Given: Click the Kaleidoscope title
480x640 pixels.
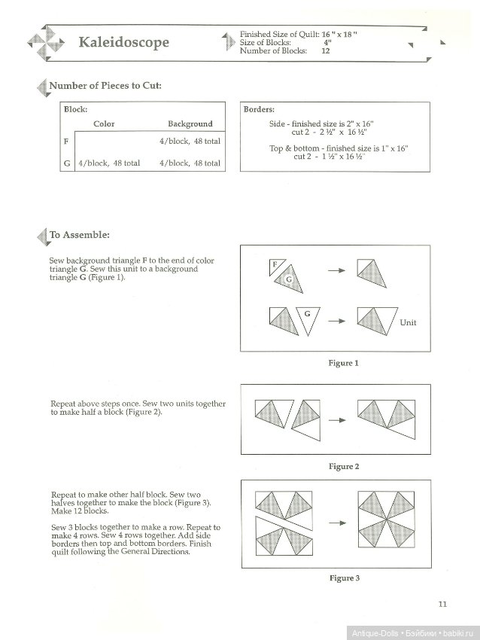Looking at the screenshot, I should tap(124, 42).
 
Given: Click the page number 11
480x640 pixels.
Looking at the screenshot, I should tap(442, 602).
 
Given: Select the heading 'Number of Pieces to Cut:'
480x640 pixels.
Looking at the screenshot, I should tap(105, 85).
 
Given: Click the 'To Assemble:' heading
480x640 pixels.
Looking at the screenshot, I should tap(79, 235).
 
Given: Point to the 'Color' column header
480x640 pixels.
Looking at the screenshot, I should tap(104, 124).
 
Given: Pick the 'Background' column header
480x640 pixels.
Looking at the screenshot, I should tap(190, 124).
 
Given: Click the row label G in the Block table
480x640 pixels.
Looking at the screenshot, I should tap(67, 163).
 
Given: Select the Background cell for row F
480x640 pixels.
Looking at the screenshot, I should tap(190, 141).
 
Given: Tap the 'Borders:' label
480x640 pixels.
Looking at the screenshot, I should tap(259, 109).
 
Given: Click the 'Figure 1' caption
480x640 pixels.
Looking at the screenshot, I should tap(343, 363).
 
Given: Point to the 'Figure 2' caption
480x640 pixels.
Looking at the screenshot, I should tap(343, 467).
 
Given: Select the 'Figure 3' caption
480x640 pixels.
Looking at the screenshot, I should tap(343, 578).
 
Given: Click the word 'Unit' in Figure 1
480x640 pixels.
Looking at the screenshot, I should tap(408, 322).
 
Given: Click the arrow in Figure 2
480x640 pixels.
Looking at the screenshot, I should tap(338, 419).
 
